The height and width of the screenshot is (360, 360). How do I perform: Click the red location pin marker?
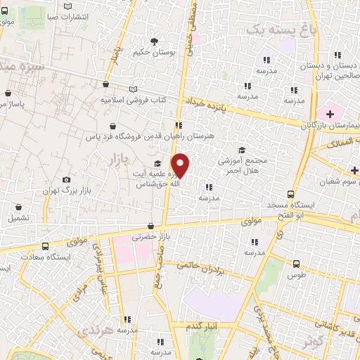point(181,165)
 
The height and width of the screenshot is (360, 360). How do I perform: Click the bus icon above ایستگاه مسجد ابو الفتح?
point(291,194)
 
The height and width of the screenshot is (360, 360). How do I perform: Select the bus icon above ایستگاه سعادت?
point(45,247)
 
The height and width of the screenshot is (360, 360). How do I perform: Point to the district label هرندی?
point(97,330)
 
